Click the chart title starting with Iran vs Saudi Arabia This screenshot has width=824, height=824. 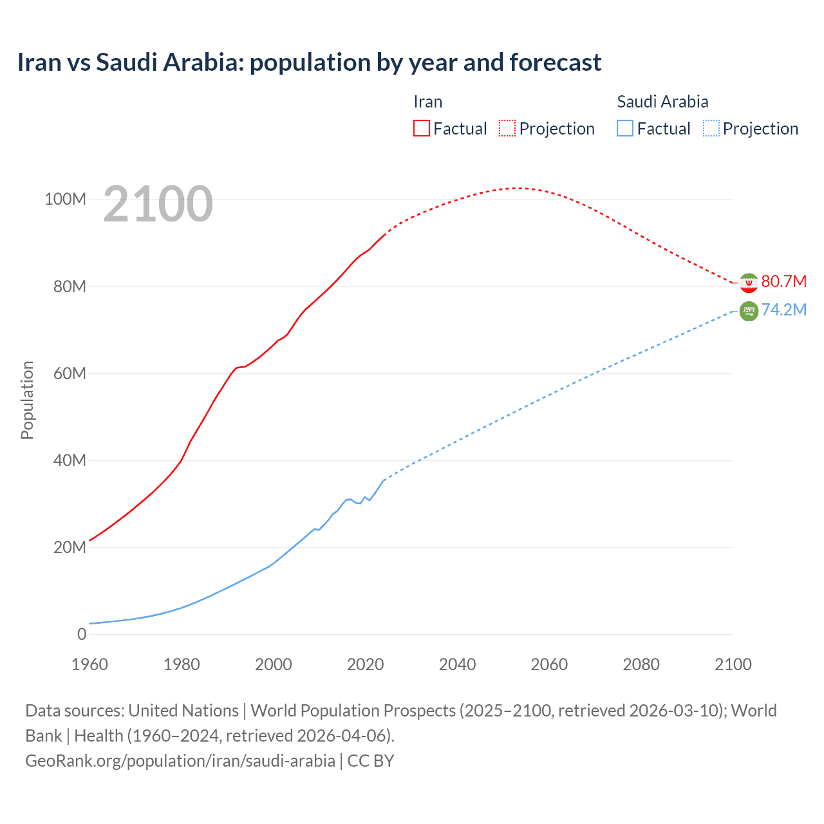(x=309, y=62)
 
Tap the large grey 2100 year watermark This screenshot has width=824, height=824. (x=158, y=204)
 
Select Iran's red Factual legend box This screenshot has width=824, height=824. (x=422, y=128)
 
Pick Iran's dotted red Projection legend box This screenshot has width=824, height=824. (x=507, y=128)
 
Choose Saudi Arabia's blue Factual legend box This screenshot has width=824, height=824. (x=625, y=128)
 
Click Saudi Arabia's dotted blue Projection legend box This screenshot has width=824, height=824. (x=711, y=128)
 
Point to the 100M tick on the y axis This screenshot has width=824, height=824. (x=65, y=200)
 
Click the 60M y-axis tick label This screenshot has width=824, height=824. (x=70, y=373)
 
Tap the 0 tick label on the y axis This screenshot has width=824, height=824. (x=82, y=634)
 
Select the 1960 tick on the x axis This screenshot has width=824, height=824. (x=89, y=664)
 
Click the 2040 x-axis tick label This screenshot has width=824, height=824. (x=457, y=664)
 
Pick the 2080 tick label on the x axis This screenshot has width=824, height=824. (x=641, y=664)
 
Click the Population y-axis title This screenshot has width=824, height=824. (x=27, y=400)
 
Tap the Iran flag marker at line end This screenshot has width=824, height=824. (x=749, y=283)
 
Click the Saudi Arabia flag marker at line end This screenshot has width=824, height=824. (x=749, y=311)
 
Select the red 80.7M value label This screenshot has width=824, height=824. (x=783, y=282)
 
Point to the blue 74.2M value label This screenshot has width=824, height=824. (x=783, y=310)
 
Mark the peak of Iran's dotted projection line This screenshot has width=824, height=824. (x=517, y=188)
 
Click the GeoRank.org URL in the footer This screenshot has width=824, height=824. (x=180, y=760)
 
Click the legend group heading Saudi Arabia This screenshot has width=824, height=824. (x=662, y=102)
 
